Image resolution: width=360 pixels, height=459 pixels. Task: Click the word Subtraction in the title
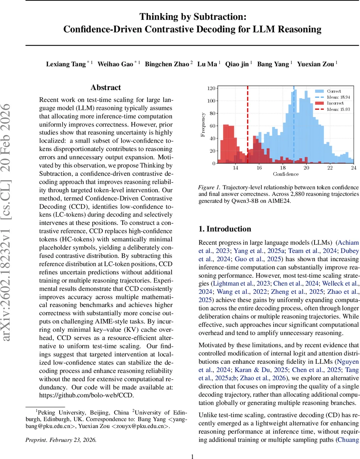pos(221,17)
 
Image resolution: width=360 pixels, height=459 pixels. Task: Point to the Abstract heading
pos(106,88)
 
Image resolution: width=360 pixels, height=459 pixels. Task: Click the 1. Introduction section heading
pos(225,229)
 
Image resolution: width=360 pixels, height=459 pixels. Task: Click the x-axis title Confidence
pos(285,174)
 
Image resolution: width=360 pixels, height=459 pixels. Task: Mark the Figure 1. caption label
pos(209,187)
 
